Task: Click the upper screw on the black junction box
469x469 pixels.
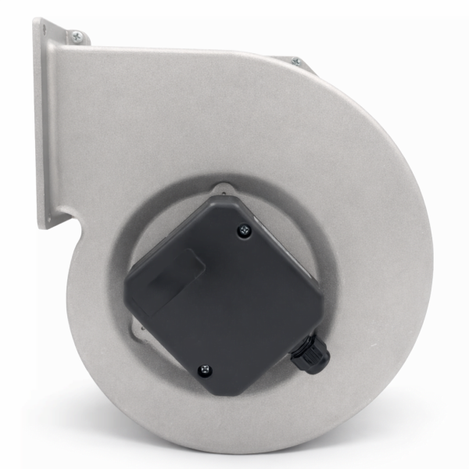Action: pyautogui.click(x=245, y=230)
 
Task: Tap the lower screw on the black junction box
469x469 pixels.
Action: pyautogui.click(x=206, y=371)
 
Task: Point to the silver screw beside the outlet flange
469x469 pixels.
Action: pyautogui.click(x=77, y=36)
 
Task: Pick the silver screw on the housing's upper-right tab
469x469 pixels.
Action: pyautogui.click(x=296, y=62)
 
